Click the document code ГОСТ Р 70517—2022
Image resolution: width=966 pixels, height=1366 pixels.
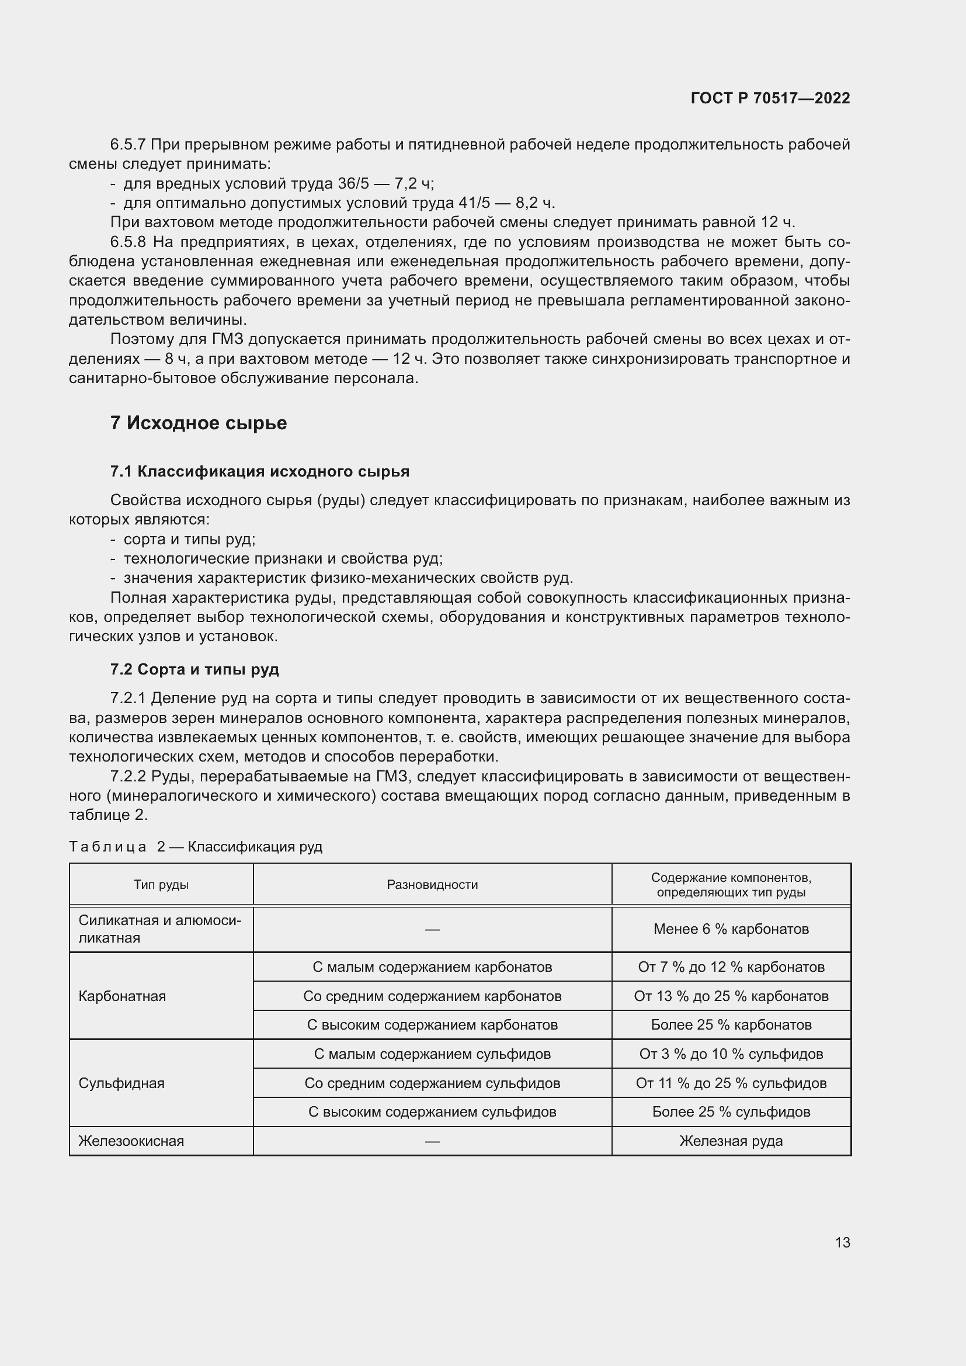(770, 98)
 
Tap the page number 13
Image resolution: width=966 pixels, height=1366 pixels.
(842, 1243)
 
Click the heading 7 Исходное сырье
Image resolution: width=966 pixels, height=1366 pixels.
(198, 423)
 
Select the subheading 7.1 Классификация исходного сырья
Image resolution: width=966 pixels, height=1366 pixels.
(259, 472)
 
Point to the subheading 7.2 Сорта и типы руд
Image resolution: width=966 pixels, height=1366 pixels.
(194, 669)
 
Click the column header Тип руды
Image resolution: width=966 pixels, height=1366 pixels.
(161, 885)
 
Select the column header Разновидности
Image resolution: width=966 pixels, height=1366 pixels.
(432, 885)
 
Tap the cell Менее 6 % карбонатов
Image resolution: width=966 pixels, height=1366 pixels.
(731, 929)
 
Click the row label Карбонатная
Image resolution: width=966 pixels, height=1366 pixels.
(122, 996)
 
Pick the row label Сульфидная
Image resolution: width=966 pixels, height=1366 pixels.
(121, 1083)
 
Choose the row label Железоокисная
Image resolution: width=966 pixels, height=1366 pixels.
(131, 1141)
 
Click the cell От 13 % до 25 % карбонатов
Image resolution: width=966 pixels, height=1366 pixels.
(731, 996)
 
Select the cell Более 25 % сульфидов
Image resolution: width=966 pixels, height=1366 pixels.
(731, 1112)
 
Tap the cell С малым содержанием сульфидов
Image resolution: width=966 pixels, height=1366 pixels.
(432, 1054)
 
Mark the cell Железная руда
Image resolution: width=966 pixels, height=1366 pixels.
(731, 1141)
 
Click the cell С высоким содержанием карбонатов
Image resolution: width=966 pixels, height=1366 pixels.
(432, 1025)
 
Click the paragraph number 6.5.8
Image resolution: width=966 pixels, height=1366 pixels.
(128, 242)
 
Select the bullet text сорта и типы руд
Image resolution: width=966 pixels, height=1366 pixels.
(189, 540)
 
